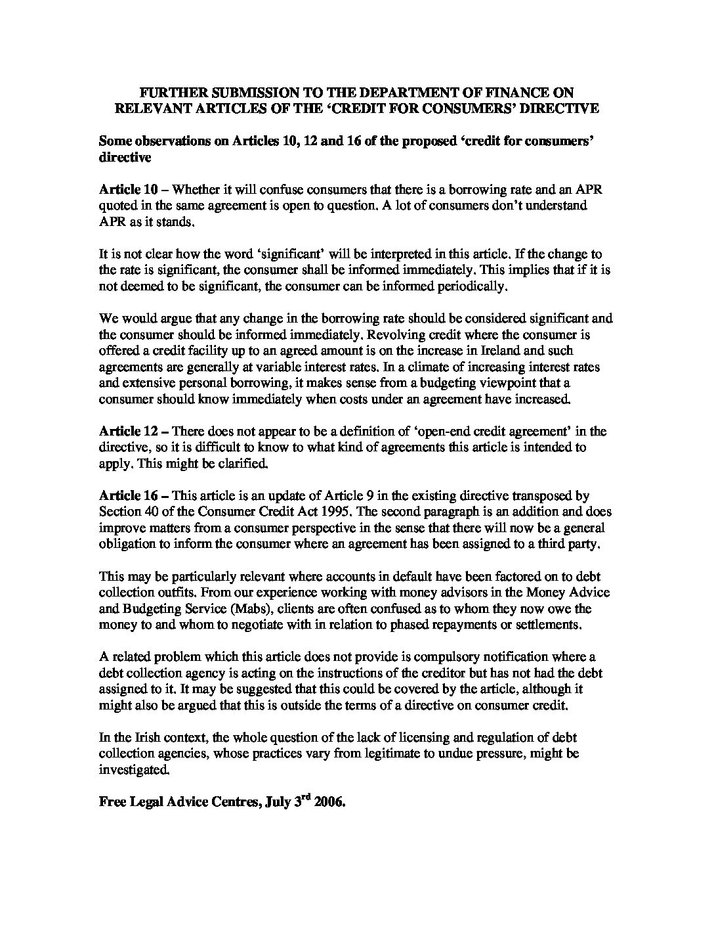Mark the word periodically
(x=468, y=286)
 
